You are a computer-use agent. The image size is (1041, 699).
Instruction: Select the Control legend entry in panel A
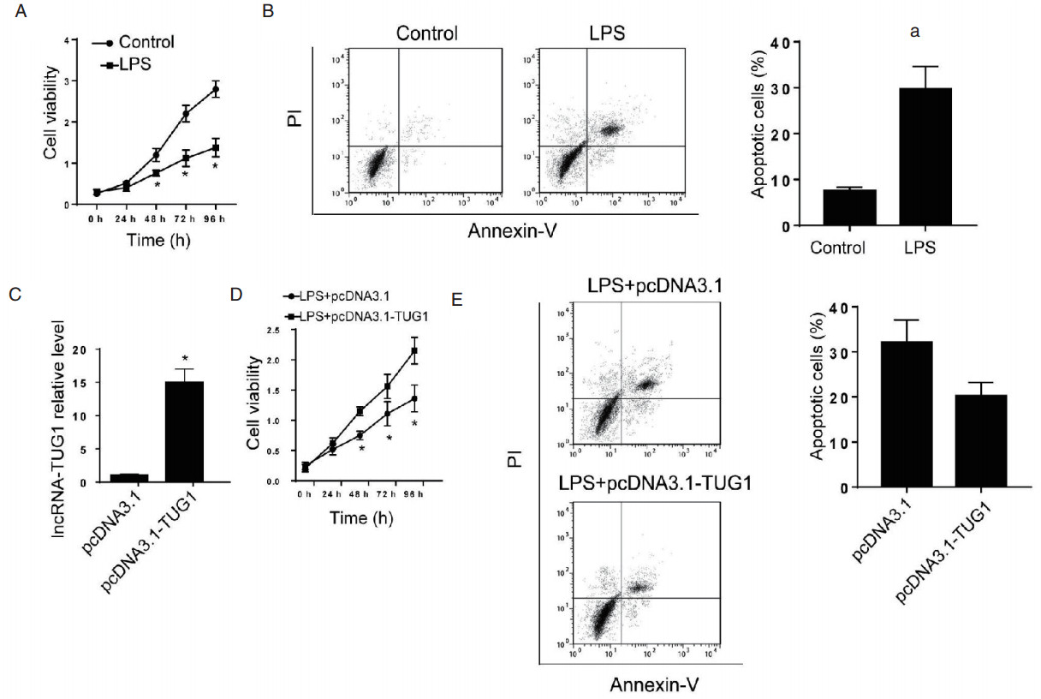[145, 41]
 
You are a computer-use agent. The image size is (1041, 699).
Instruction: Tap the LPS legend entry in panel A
[134, 63]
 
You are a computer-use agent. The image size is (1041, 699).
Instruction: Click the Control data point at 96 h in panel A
[216, 89]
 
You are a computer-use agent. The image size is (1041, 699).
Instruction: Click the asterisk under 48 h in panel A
[157, 184]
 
